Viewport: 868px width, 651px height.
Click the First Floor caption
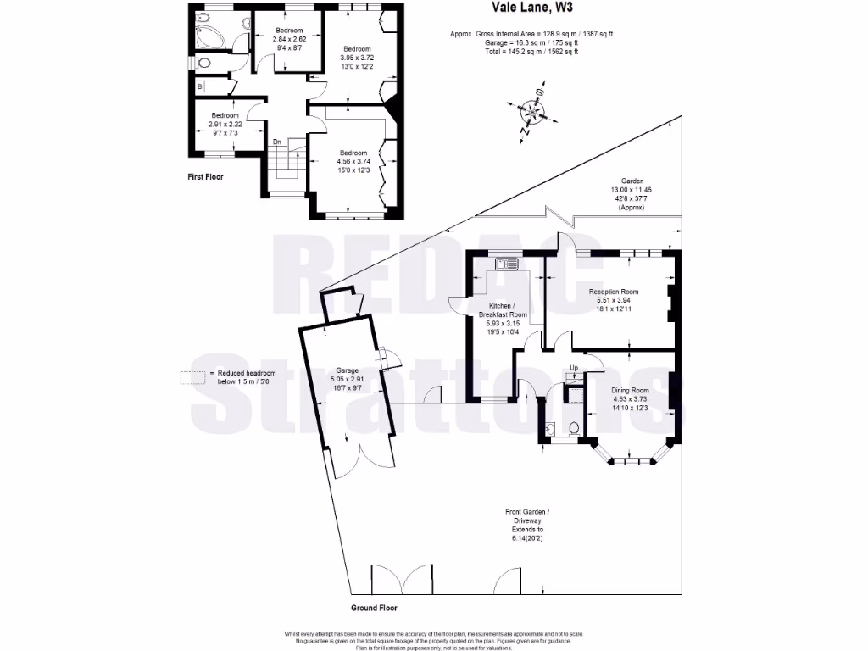click(205, 178)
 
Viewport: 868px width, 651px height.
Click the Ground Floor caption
click(374, 608)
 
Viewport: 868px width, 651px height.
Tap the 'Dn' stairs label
click(276, 142)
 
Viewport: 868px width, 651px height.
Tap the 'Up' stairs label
click(574, 368)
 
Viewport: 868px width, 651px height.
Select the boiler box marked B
click(200, 86)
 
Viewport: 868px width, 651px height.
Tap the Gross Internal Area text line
click(531, 34)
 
